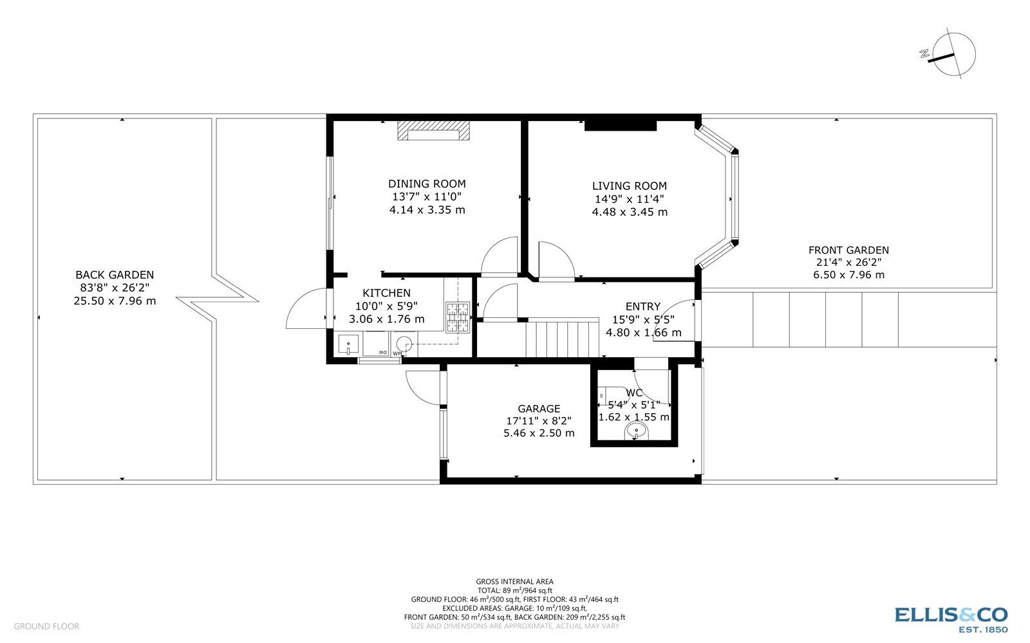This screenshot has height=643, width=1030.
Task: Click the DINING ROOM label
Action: click(427, 184)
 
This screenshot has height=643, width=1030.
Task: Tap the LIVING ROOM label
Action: click(629, 186)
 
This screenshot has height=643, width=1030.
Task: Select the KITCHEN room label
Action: click(386, 294)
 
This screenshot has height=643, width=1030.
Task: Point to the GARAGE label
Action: click(539, 409)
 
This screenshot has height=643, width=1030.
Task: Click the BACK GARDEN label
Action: click(115, 275)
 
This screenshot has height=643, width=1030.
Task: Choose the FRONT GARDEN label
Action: click(848, 250)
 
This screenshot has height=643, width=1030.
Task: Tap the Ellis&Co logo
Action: click(951, 619)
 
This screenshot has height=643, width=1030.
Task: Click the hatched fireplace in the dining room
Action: click(433, 131)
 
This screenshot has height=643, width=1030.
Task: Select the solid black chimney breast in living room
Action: click(620, 125)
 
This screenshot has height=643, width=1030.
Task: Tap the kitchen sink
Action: click(348, 345)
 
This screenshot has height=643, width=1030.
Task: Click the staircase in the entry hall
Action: click(562, 339)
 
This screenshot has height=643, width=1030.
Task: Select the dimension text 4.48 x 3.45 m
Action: click(629, 212)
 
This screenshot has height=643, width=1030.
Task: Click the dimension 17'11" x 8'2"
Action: click(539, 421)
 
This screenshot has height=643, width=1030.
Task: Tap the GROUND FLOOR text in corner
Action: click(46, 626)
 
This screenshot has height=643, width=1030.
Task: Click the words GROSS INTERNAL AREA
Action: click(514, 582)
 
